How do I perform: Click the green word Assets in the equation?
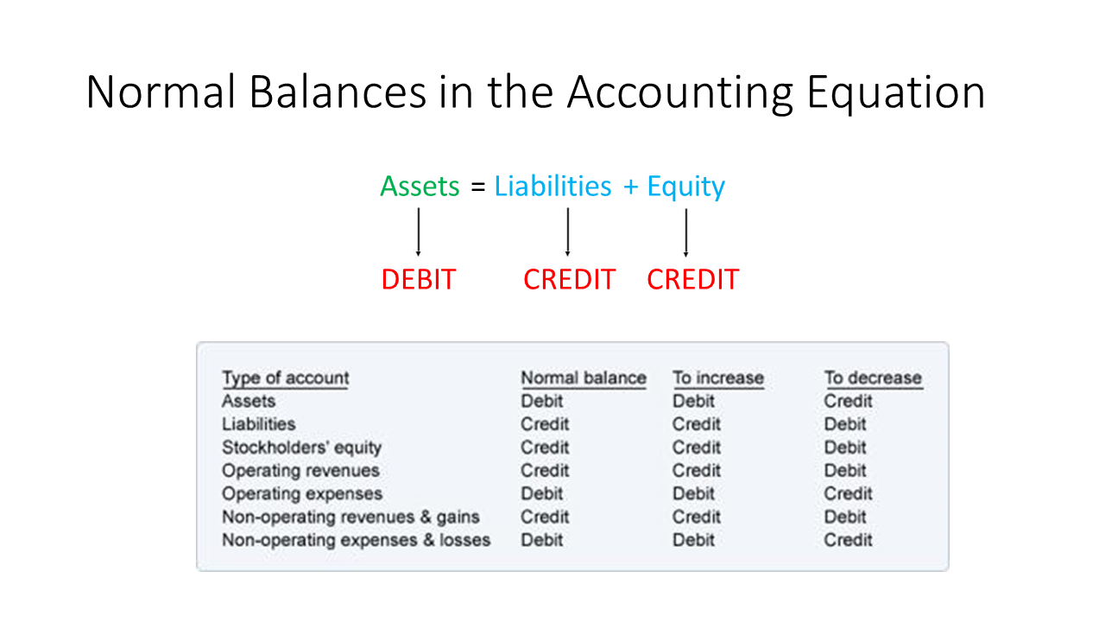[x=420, y=186]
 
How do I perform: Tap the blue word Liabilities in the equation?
[x=553, y=186]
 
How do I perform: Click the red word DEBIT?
[x=419, y=279]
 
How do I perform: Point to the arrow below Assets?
[x=419, y=232]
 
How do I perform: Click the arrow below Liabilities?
[x=568, y=232]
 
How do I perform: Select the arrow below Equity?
[x=685, y=232]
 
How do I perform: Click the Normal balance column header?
[x=584, y=378]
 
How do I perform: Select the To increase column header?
[x=718, y=378]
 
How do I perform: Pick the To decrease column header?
[x=873, y=378]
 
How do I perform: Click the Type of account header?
[x=286, y=379]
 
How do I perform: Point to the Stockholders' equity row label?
[x=302, y=447]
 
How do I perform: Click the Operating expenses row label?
[x=302, y=494]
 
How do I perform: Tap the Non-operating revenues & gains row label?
[x=350, y=517]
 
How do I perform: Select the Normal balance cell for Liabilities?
[x=545, y=424]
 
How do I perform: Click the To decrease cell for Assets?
[x=849, y=401]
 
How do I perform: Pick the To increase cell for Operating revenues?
[x=697, y=471]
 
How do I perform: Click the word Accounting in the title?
[x=680, y=92]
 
